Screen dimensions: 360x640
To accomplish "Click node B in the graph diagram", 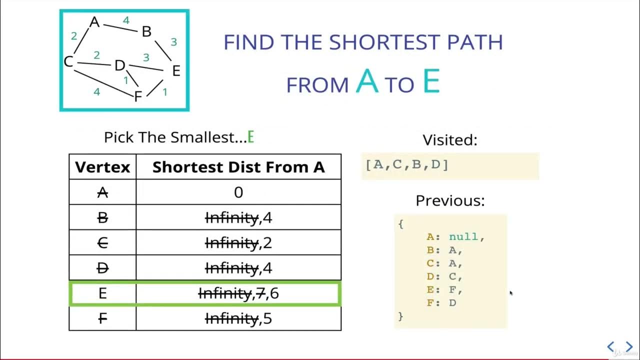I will click(x=146, y=32).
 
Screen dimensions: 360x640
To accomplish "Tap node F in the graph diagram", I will click(x=138, y=96).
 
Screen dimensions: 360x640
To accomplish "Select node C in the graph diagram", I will click(x=68, y=62).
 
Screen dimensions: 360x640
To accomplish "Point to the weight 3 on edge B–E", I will click(x=173, y=42).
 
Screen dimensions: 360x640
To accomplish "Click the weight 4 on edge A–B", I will click(x=126, y=20).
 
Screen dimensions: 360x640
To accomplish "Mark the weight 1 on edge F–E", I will click(x=165, y=91).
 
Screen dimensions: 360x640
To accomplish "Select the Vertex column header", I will click(x=102, y=167).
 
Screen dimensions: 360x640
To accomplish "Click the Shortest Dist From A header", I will click(x=238, y=167).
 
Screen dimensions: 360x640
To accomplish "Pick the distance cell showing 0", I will click(x=238, y=192).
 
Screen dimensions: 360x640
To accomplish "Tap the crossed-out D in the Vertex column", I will click(x=102, y=268).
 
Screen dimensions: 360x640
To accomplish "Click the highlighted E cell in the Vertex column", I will click(x=102, y=293).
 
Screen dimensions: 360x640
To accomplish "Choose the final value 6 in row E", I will click(x=274, y=293).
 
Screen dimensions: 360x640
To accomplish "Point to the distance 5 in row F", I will click(x=267, y=318).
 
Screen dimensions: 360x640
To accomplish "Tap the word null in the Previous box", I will click(x=464, y=237).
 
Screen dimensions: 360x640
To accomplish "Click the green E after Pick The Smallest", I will click(x=251, y=137).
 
